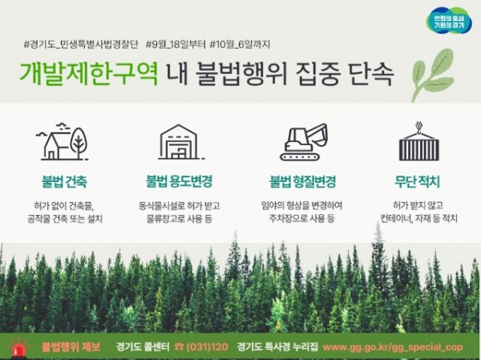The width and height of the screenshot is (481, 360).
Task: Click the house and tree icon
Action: point(63,143)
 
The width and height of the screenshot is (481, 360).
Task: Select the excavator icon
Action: point(302,143)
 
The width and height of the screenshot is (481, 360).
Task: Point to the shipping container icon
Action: point(418,143)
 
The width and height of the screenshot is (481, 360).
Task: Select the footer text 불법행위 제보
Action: point(71,348)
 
